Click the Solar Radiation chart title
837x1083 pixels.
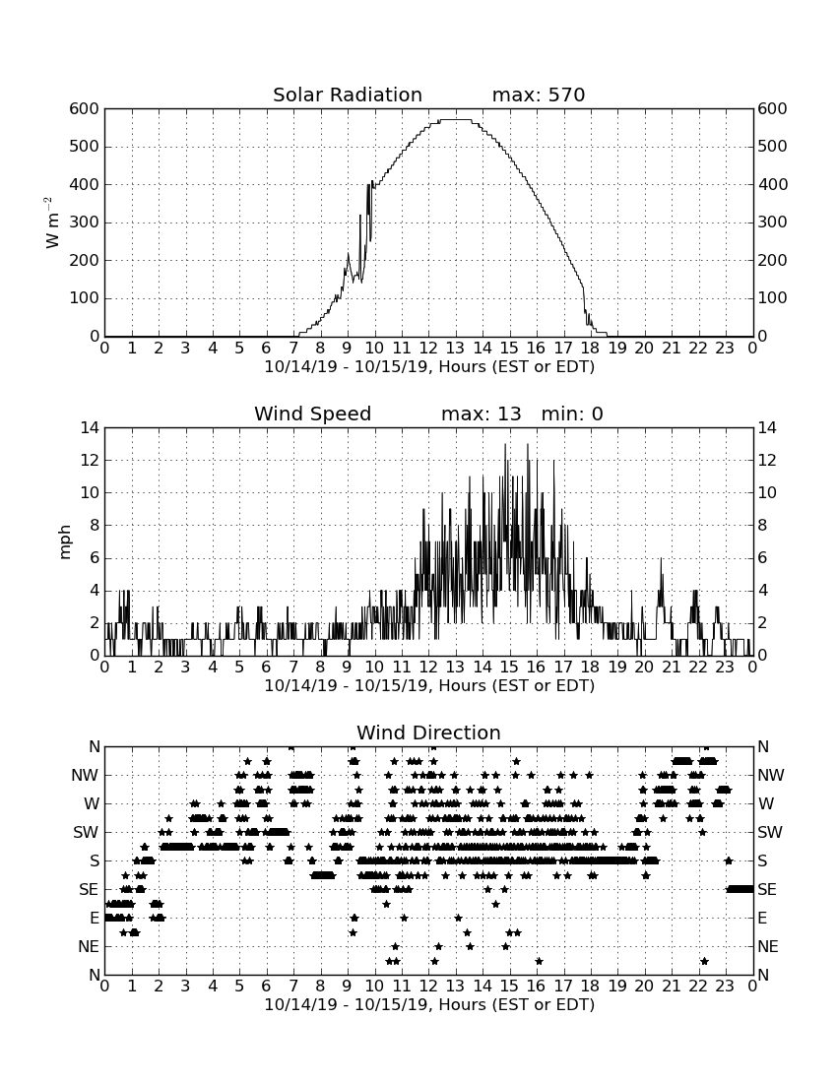click(x=348, y=95)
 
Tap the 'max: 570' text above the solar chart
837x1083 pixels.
click(x=539, y=95)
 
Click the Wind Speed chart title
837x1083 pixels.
click(x=313, y=414)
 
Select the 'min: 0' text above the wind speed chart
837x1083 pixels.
click(x=572, y=414)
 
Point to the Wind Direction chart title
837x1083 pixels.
click(x=428, y=733)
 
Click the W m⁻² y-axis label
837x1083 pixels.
click(x=52, y=223)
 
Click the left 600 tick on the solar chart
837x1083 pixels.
click(x=85, y=108)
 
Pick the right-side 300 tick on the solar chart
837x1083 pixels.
click(x=772, y=223)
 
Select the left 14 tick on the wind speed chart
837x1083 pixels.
click(x=90, y=427)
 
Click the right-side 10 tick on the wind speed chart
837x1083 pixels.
click(x=767, y=492)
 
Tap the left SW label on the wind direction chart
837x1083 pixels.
click(x=86, y=832)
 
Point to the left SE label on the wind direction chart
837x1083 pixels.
click(x=89, y=890)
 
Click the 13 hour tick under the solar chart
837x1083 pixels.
click(x=455, y=348)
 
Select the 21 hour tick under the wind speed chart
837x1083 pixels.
click(x=671, y=667)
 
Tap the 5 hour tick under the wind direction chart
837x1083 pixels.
click(x=239, y=986)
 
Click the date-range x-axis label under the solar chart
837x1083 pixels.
click(x=429, y=367)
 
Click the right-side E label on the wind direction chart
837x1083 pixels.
click(x=762, y=918)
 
